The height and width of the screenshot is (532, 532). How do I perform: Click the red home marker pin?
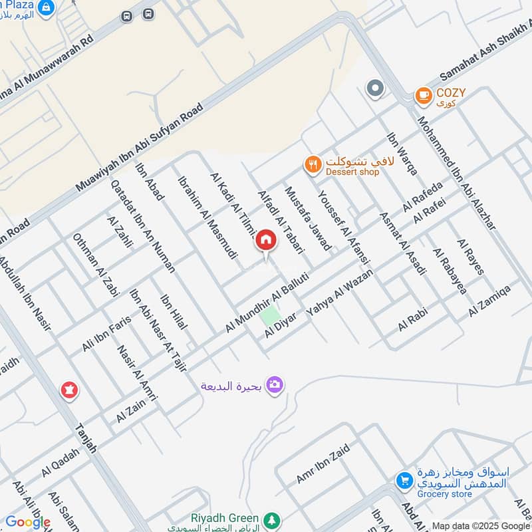pyautogui.click(x=266, y=241)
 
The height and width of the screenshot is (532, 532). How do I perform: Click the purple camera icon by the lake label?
pyautogui.click(x=274, y=384)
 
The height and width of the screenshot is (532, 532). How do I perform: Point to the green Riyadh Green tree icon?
pyautogui.click(x=271, y=519)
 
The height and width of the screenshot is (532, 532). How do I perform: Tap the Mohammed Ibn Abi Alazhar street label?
pyautogui.click(x=456, y=174)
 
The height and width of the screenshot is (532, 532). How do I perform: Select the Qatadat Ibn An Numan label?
pyautogui.click(x=142, y=227)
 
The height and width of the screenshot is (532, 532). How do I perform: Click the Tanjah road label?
pyautogui.click(x=87, y=440)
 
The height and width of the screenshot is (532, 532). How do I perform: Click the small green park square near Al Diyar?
pyautogui.click(x=269, y=316)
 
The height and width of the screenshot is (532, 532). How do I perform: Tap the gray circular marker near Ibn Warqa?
pyautogui.click(x=376, y=88)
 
